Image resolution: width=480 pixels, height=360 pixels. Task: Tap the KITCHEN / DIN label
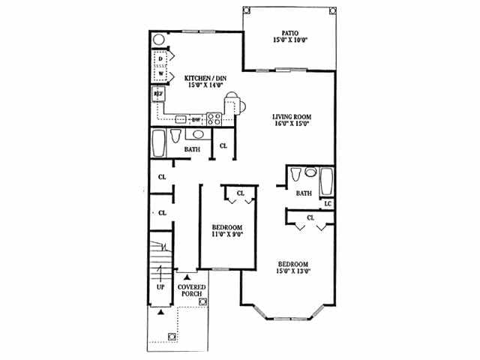click(x=202, y=79)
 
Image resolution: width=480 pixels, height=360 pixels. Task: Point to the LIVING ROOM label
click(x=292, y=117)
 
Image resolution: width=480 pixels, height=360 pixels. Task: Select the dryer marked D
click(x=161, y=58)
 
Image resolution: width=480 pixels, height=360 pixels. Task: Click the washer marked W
click(x=161, y=73)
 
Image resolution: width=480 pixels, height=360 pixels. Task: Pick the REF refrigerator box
click(x=159, y=94)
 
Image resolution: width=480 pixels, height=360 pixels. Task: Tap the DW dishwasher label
click(x=196, y=120)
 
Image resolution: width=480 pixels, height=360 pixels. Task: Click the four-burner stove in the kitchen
click(x=214, y=118)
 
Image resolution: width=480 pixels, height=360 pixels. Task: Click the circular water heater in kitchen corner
click(x=159, y=40)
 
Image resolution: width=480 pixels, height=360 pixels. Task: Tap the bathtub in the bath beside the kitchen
click(x=157, y=143)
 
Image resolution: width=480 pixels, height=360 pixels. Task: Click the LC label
click(x=328, y=203)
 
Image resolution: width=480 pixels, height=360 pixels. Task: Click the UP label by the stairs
click(x=160, y=287)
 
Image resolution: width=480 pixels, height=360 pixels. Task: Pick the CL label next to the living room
click(x=223, y=145)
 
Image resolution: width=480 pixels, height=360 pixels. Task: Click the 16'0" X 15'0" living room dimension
click(x=292, y=124)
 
